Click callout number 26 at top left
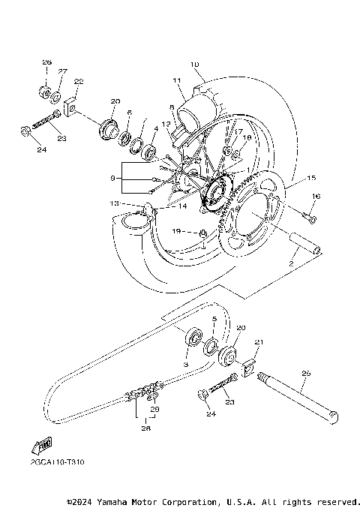[46, 62]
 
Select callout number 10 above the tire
[194, 65]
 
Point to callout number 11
[178, 80]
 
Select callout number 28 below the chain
[145, 429]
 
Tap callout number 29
[155, 409]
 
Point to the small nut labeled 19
[203, 237]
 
